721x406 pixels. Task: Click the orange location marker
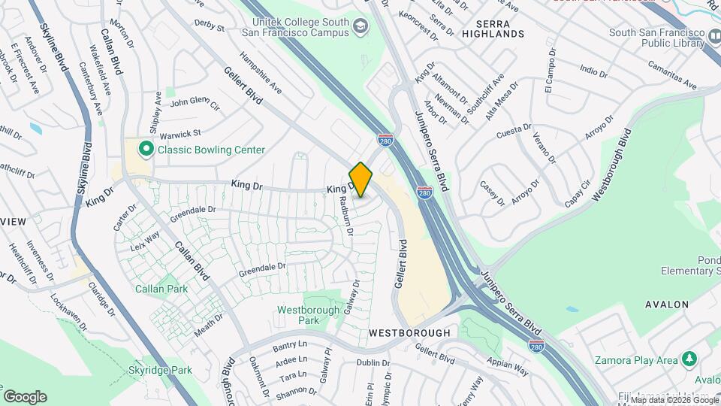coord(360,180)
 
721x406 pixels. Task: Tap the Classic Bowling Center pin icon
coord(146,150)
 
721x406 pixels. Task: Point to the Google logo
coord(25,396)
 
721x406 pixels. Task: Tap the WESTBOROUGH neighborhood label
coord(409,332)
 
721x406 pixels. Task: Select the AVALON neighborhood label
coord(666,304)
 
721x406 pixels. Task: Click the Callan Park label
coord(155,288)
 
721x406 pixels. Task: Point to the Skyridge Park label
coord(159,370)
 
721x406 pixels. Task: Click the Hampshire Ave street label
coord(260,73)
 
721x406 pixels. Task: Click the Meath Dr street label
coord(209,324)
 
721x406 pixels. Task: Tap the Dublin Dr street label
coord(373,362)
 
